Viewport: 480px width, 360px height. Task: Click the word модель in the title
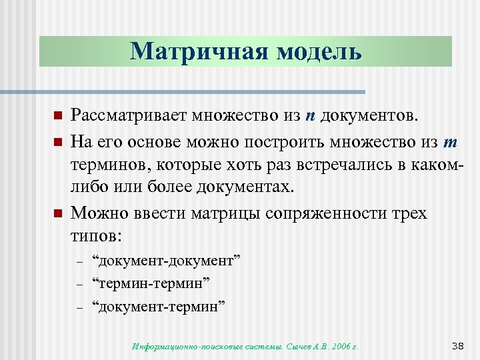click(x=314, y=51)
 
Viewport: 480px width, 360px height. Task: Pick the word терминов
click(x=107, y=165)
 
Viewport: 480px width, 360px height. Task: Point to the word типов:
click(x=97, y=237)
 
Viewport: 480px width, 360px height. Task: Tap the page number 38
click(x=457, y=345)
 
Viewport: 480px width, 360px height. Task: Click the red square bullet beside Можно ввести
click(x=57, y=213)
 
